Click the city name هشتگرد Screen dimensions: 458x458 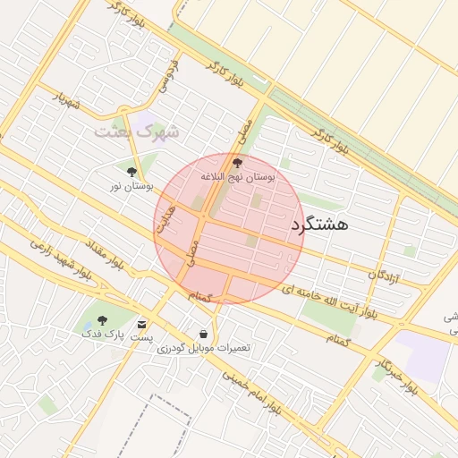[x=319, y=225]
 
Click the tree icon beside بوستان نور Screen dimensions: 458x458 [x=132, y=171]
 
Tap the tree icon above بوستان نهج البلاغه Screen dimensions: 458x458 [x=237, y=163]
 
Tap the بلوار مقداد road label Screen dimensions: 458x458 [x=106, y=252]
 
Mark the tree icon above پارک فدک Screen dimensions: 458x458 [x=100, y=319]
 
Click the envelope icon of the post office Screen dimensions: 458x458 [x=142, y=323]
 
